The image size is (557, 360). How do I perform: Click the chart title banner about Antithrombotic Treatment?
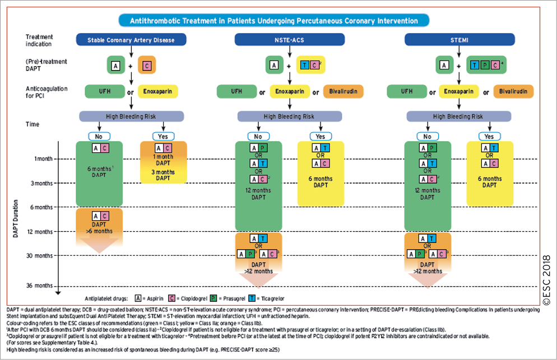tap(273, 21)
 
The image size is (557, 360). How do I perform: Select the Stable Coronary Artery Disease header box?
tap(131, 40)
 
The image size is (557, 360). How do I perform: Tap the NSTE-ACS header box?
tap(290, 40)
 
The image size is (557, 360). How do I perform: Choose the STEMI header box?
tap(459, 40)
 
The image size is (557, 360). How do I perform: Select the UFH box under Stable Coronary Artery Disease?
tap(104, 91)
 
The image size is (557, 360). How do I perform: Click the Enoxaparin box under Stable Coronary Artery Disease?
tap(158, 91)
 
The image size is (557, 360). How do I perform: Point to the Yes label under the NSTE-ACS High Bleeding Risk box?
tap(320, 136)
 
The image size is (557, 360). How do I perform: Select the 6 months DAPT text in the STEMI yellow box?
tap(489, 182)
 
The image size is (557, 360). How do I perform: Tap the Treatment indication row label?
tap(39, 40)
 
